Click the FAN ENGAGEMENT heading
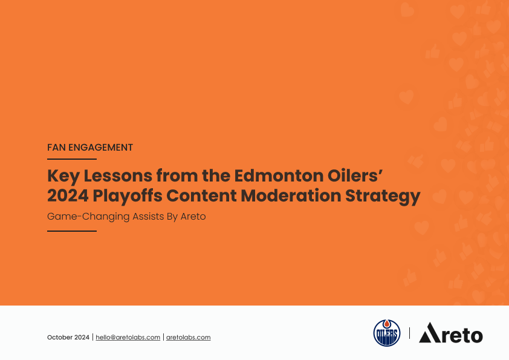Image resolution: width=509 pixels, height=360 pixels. tap(90, 147)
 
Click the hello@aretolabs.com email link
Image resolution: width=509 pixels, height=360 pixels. tap(128, 337)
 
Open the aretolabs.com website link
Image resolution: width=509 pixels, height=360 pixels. tap(188, 337)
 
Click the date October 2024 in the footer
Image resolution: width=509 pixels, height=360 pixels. tap(68, 337)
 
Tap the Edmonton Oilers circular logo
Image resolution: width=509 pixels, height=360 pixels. tap(387, 333)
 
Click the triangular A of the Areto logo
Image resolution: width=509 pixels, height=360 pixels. tap(429, 333)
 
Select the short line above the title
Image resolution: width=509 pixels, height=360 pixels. tap(72, 159)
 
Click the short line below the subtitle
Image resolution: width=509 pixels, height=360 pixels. tap(72, 231)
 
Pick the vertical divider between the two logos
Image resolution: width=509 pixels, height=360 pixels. tap(409, 333)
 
